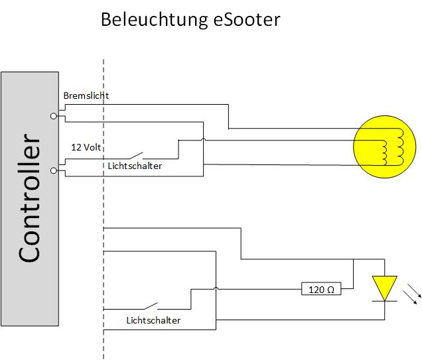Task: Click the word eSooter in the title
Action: pos(247,19)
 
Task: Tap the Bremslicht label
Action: pos(86,95)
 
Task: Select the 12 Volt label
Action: pos(86,147)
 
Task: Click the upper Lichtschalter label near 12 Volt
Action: pos(135,166)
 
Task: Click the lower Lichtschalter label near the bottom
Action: pos(153,320)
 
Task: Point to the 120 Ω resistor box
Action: pos(322,289)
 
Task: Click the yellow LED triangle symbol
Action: pos(384,288)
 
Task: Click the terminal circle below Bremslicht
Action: pos(54,116)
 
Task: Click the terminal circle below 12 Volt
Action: pos(54,171)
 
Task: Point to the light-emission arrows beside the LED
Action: pos(411,292)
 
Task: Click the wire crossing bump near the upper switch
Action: pos(203,140)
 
